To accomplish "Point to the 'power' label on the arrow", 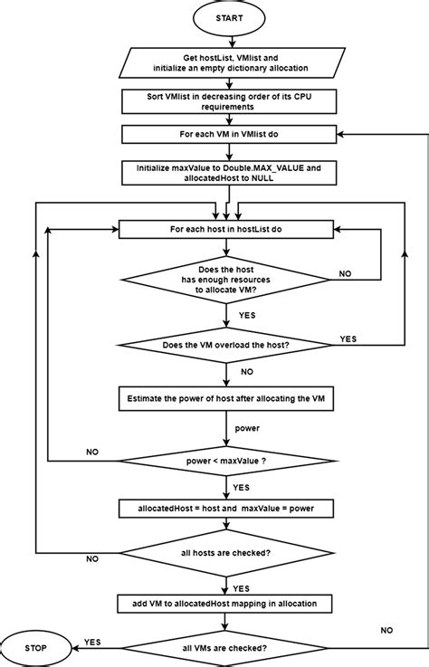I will point(247,427).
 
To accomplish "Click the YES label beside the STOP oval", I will point(92,641).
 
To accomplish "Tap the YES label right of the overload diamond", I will point(348,338).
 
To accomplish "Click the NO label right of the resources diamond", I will point(345,272).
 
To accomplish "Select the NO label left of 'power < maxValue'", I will point(92,450).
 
